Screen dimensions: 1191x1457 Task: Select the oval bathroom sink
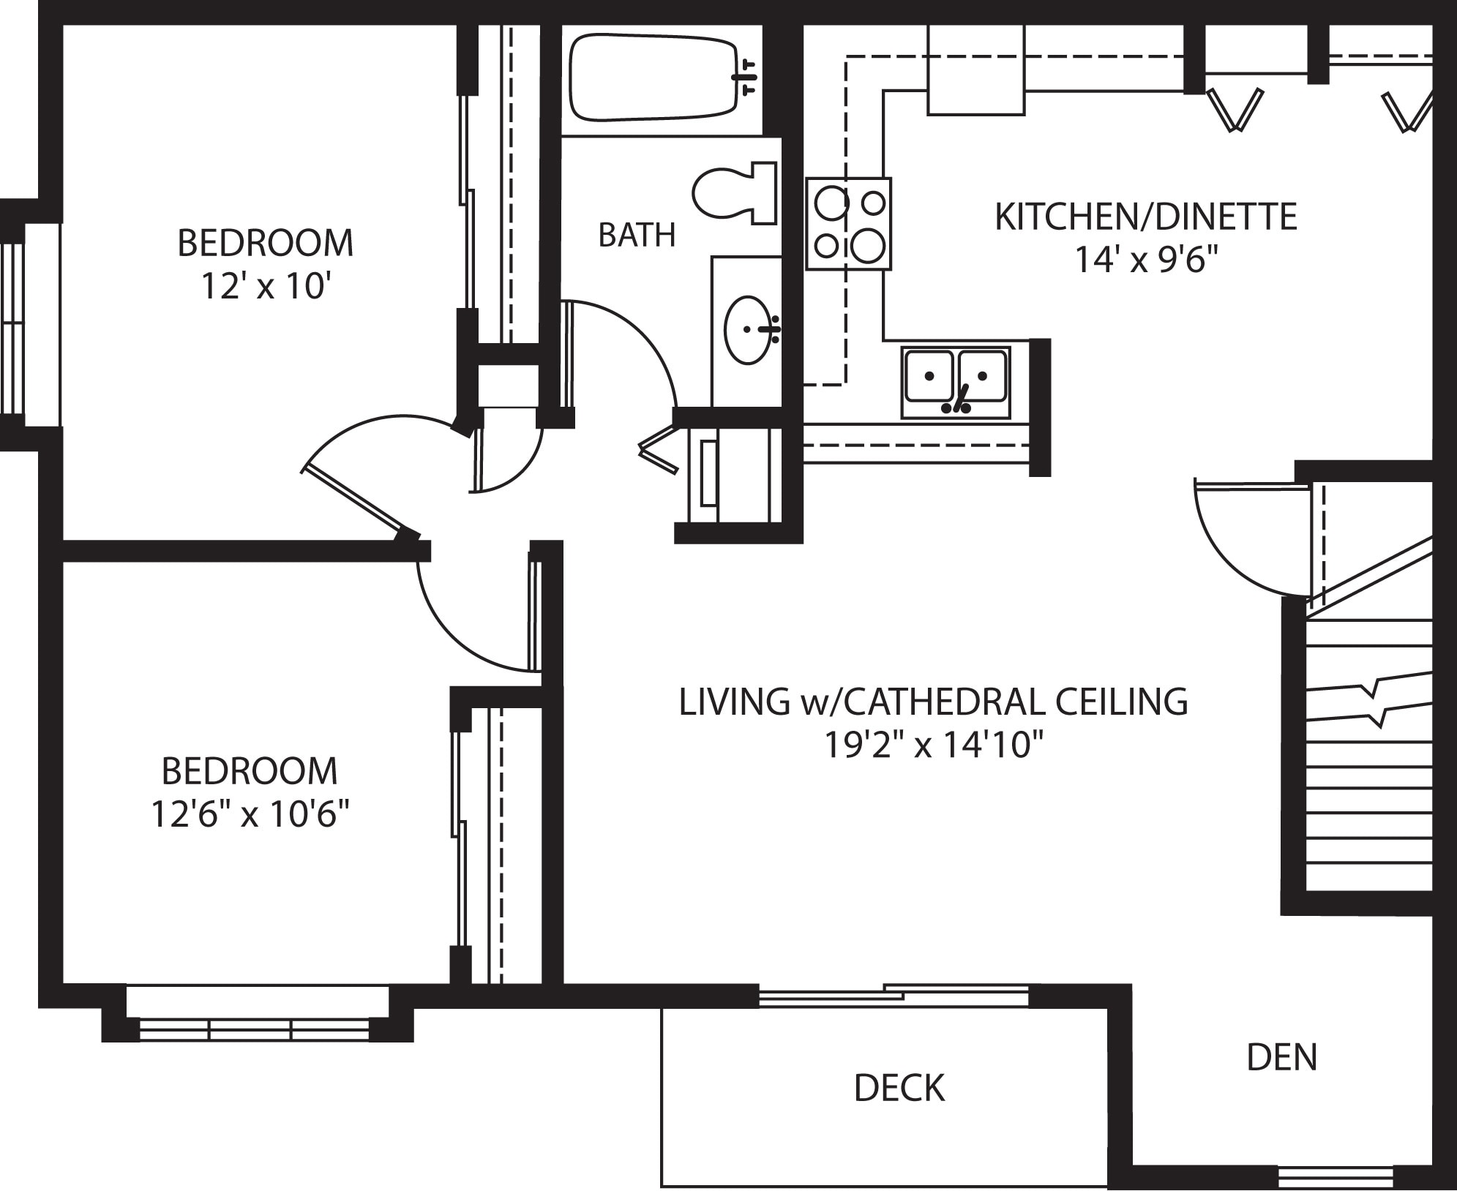749,329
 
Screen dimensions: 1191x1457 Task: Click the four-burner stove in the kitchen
849,224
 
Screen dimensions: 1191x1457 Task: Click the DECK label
899,1089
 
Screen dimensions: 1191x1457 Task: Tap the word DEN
1281,1057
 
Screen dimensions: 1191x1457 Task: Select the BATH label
636,235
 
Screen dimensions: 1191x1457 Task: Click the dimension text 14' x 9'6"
1145,260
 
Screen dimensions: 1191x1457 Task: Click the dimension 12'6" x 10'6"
250,814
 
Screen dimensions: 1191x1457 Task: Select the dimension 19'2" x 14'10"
933,745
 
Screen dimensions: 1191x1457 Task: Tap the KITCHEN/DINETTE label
1145,217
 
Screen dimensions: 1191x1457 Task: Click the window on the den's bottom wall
1335,1177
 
